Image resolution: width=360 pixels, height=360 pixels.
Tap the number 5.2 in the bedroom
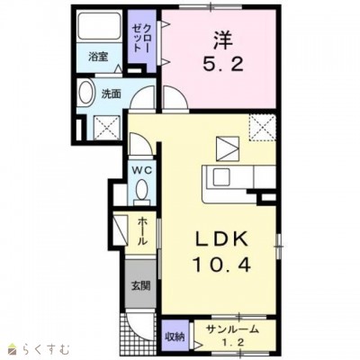pyautogui.click(x=222, y=64)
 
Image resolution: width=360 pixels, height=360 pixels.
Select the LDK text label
pyautogui.click(x=222, y=239)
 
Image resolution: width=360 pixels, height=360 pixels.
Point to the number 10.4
pyautogui.click(x=222, y=264)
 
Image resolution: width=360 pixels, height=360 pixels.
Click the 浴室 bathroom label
pyautogui.click(x=98, y=57)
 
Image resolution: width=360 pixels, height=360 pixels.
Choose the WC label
pyautogui.click(x=142, y=170)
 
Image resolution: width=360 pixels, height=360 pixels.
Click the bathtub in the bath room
pyautogui.click(x=99, y=26)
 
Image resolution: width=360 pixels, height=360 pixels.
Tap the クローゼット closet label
pyautogui.click(x=142, y=38)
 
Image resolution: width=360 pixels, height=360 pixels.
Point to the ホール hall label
pyautogui.click(x=142, y=231)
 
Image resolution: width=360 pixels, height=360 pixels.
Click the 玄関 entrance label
pyautogui.click(x=140, y=285)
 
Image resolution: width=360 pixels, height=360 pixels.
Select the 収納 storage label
pyautogui.click(x=175, y=337)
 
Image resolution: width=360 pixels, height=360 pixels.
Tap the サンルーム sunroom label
pyautogui.click(x=232, y=329)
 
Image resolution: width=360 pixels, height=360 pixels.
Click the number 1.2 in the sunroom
pyautogui.click(x=231, y=343)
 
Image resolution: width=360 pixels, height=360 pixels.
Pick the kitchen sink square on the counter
pyautogui.click(x=221, y=177)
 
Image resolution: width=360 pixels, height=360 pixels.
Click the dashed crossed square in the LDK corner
pyautogui.click(x=263, y=128)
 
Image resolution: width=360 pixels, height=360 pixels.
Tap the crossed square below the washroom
pyautogui.click(x=107, y=128)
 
